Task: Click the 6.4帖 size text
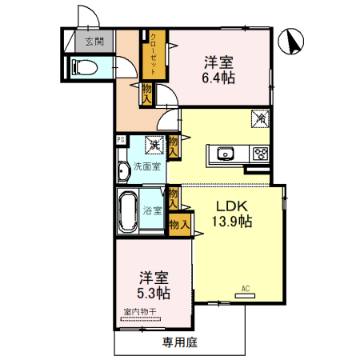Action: pyautogui.click(x=219, y=78)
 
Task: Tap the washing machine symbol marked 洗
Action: pyautogui.click(x=153, y=145)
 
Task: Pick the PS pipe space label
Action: pyautogui.click(x=120, y=140)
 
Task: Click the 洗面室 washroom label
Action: pyautogui.click(x=146, y=166)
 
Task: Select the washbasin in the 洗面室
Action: pyautogui.click(x=123, y=170)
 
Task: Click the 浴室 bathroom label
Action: pyautogui.click(x=152, y=210)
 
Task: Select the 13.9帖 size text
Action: pyautogui.click(x=231, y=222)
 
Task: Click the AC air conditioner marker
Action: pyautogui.click(x=245, y=294)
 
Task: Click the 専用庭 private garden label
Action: pyautogui.click(x=179, y=342)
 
